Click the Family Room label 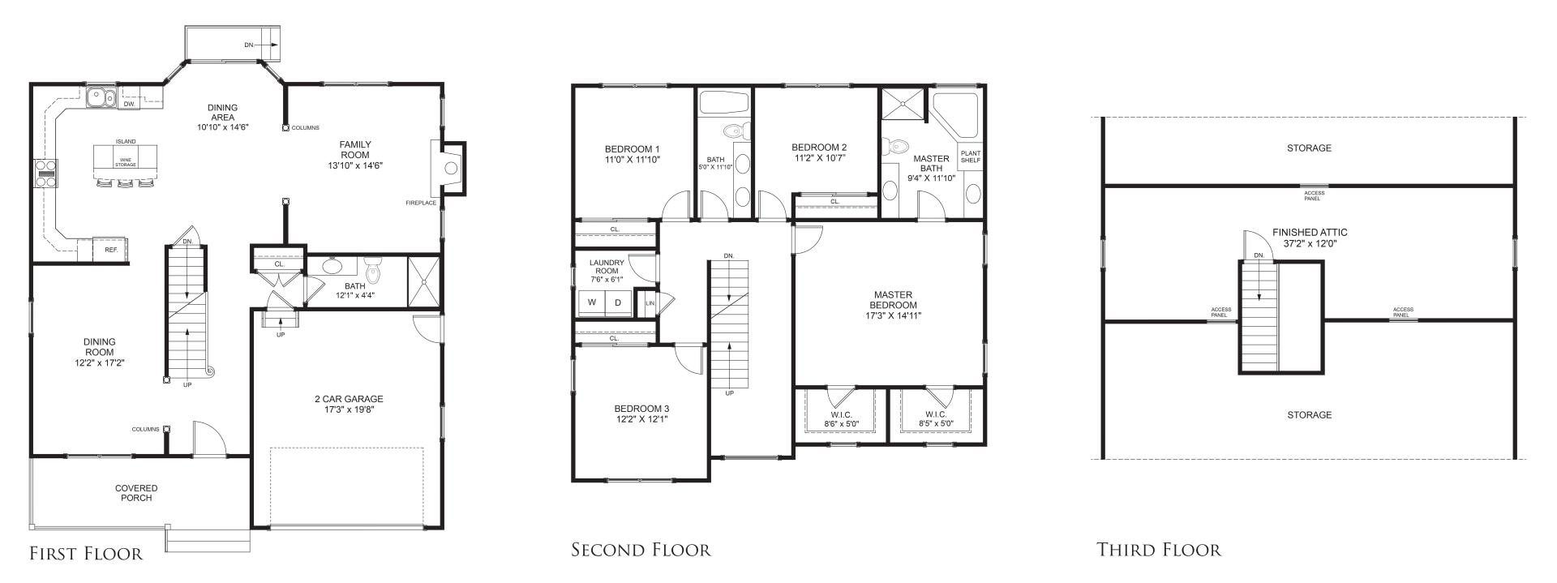click(x=355, y=150)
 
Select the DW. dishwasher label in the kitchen click(x=129, y=104)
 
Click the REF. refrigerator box click(x=111, y=250)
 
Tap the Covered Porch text click(x=136, y=493)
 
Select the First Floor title click(x=86, y=554)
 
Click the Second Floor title click(x=641, y=551)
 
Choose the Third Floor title click(x=1159, y=551)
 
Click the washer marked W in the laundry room click(x=591, y=303)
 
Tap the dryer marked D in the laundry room click(x=618, y=303)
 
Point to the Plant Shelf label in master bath click(x=970, y=156)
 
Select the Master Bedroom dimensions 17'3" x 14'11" click(x=893, y=316)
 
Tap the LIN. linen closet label click(x=650, y=303)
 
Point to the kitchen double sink click(x=102, y=97)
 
